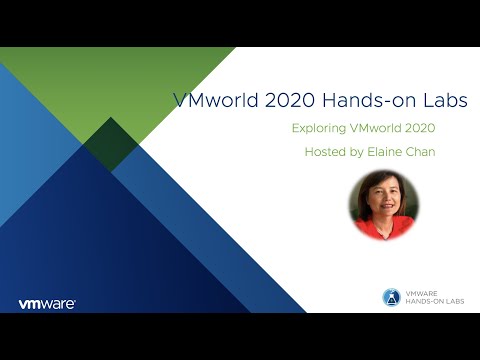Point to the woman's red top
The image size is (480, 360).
click(384, 230)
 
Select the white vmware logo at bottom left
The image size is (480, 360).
click(47, 303)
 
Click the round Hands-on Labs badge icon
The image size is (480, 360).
click(392, 297)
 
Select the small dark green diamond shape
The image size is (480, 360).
click(110, 144)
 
